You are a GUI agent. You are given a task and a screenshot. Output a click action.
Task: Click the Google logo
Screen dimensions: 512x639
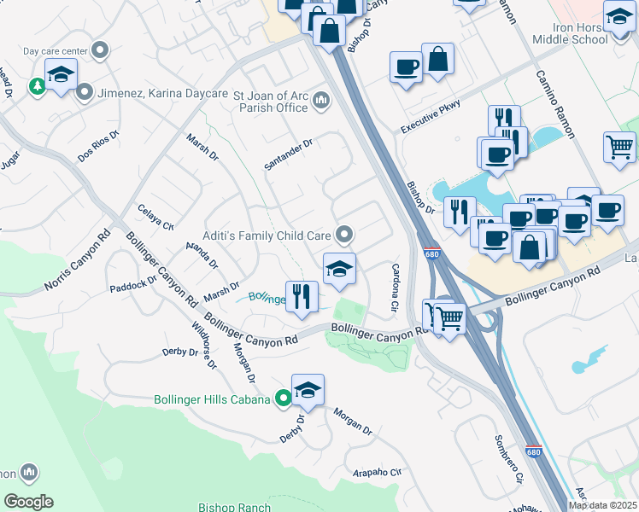pyautogui.click(x=28, y=502)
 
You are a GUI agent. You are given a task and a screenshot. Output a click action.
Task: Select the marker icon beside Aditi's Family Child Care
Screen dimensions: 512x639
pyautogui.click(x=344, y=233)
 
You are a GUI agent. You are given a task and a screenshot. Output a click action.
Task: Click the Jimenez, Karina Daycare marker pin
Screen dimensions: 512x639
pyautogui.click(x=85, y=91)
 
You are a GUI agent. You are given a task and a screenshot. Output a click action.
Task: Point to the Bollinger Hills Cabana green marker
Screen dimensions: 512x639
pyautogui.click(x=284, y=399)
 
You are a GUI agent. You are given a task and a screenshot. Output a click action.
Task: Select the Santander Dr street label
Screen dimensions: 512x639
pyautogui.click(x=289, y=155)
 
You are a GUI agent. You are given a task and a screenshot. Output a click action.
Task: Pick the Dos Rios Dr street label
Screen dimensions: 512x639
pyautogui.click(x=97, y=147)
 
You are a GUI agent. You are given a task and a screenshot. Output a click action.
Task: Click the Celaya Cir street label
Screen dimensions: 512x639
pyautogui.click(x=155, y=218)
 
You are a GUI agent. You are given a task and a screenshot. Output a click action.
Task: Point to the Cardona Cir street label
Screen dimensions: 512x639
pyautogui.click(x=396, y=288)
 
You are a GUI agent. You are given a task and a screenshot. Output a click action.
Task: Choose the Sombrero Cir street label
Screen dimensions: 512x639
pyautogui.click(x=507, y=459)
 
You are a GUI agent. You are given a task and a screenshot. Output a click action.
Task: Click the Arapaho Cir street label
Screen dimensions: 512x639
pyautogui.click(x=377, y=472)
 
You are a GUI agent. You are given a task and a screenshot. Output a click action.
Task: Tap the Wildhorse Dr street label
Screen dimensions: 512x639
pyautogui.click(x=204, y=345)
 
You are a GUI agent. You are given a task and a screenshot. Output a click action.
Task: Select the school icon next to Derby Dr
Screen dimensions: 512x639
pyautogui.click(x=308, y=390)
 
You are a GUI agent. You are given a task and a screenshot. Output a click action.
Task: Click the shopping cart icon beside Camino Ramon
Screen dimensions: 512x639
pyautogui.click(x=619, y=146)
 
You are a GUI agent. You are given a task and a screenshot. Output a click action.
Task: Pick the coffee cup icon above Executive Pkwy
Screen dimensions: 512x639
pyautogui.click(x=406, y=67)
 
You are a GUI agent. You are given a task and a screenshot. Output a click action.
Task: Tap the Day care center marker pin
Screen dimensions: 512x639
pyautogui.click(x=101, y=50)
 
